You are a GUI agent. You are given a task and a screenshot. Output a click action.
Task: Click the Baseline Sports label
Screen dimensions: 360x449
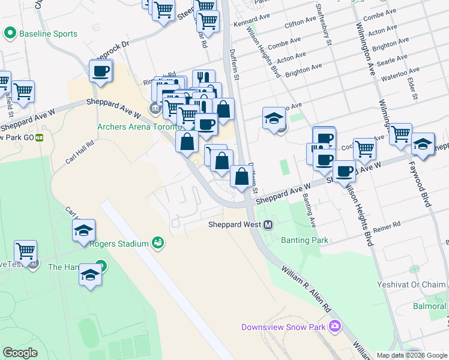click(48, 34)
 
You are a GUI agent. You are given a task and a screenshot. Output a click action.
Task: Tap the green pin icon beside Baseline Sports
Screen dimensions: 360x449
click(10, 34)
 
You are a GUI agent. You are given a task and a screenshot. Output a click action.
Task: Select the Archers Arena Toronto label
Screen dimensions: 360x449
click(139, 127)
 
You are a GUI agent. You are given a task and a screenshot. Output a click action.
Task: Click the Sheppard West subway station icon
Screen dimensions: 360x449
click(268, 225)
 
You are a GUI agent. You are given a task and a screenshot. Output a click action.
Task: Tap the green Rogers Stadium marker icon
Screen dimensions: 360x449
click(158, 242)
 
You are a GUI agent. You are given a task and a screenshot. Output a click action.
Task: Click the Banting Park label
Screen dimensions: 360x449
click(304, 240)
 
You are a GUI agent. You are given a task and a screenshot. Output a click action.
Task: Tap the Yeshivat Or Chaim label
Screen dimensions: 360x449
click(417, 285)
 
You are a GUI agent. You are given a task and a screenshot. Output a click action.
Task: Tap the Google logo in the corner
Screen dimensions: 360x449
click(20, 353)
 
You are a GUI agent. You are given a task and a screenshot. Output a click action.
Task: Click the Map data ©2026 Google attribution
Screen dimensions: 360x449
click(412, 355)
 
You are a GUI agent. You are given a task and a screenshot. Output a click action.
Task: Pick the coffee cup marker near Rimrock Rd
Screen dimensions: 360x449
click(101, 71)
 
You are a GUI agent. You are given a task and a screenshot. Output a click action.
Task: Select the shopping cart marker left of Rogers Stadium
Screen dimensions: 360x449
click(25, 251)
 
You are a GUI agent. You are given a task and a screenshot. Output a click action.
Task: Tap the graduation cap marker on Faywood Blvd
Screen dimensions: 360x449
click(423, 144)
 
